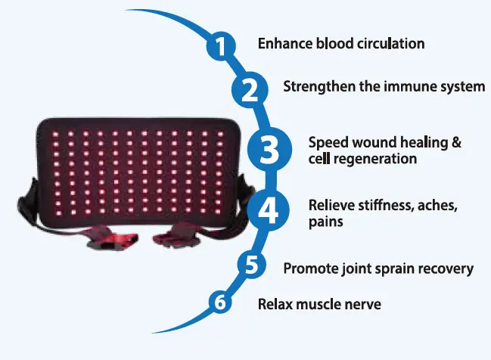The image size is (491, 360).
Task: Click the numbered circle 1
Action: (x=220, y=48)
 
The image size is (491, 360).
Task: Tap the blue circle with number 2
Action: (x=249, y=89)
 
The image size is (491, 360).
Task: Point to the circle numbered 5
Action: (x=251, y=265)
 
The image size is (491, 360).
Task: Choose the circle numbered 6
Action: (x=219, y=303)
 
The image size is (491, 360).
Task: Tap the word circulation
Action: (x=387, y=43)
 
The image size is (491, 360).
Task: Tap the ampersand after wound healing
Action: (x=455, y=142)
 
